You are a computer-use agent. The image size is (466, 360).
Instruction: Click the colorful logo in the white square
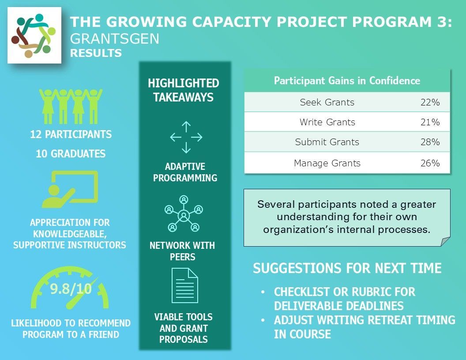(x=34, y=35)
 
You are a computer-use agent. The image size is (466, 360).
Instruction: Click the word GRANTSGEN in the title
(x=115, y=39)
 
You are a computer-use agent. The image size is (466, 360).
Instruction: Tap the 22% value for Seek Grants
(x=430, y=102)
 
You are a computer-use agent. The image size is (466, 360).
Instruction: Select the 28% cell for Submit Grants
(x=430, y=142)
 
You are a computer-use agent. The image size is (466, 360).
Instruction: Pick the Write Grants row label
(x=327, y=122)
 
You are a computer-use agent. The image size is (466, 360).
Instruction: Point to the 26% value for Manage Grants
(x=430, y=163)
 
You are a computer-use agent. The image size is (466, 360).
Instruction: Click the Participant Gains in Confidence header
(x=347, y=80)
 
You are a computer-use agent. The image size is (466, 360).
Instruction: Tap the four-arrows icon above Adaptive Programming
(x=186, y=137)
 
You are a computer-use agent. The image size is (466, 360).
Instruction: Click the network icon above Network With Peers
(x=184, y=214)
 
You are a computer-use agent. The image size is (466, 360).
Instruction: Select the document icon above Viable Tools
(x=184, y=285)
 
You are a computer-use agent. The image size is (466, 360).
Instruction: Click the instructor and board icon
(x=70, y=189)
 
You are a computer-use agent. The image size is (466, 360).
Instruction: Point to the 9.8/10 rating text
(x=71, y=289)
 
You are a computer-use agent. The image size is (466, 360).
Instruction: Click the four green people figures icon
(x=71, y=106)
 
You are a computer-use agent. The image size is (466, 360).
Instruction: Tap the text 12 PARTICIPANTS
(x=71, y=134)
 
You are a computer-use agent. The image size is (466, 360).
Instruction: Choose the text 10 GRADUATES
(x=71, y=154)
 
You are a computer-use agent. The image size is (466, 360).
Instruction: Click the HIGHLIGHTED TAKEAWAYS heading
(x=184, y=90)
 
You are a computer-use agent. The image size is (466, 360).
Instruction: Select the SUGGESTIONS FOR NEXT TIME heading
(x=347, y=268)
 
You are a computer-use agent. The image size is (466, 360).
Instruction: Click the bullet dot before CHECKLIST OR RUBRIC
(x=263, y=292)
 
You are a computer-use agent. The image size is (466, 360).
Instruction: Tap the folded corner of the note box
(x=445, y=241)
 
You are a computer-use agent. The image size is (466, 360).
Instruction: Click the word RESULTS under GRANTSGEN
(x=96, y=53)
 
